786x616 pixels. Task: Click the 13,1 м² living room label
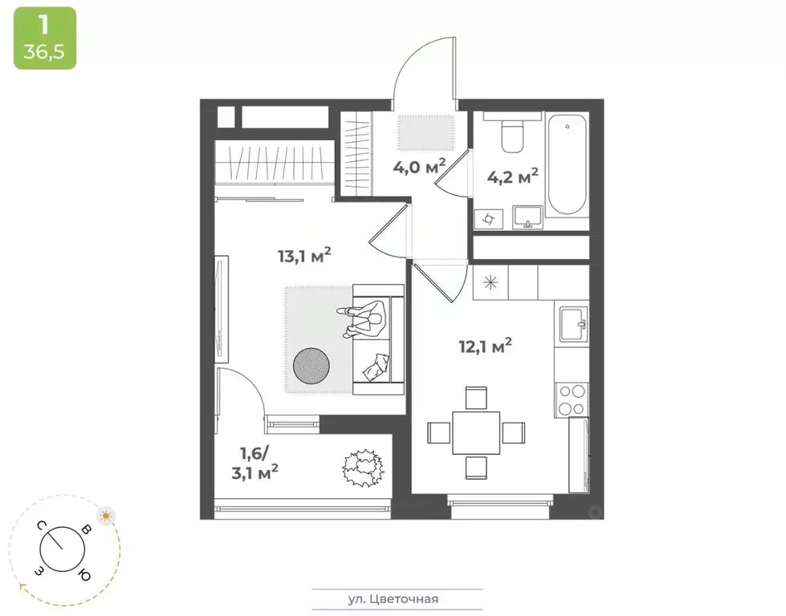pos(304,257)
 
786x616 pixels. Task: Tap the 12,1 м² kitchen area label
pos(485,346)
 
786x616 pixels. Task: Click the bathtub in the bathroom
pos(569,164)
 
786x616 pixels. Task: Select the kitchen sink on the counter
pos(571,324)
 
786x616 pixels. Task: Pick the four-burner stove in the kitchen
pos(572,398)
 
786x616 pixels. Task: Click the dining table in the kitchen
pos(475,432)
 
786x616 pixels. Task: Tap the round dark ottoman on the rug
pos(311,367)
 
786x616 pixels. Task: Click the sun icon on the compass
pos(105,516)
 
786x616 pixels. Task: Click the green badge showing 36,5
pos(44,38)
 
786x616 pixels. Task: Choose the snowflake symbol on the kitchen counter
pos(490,282)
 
